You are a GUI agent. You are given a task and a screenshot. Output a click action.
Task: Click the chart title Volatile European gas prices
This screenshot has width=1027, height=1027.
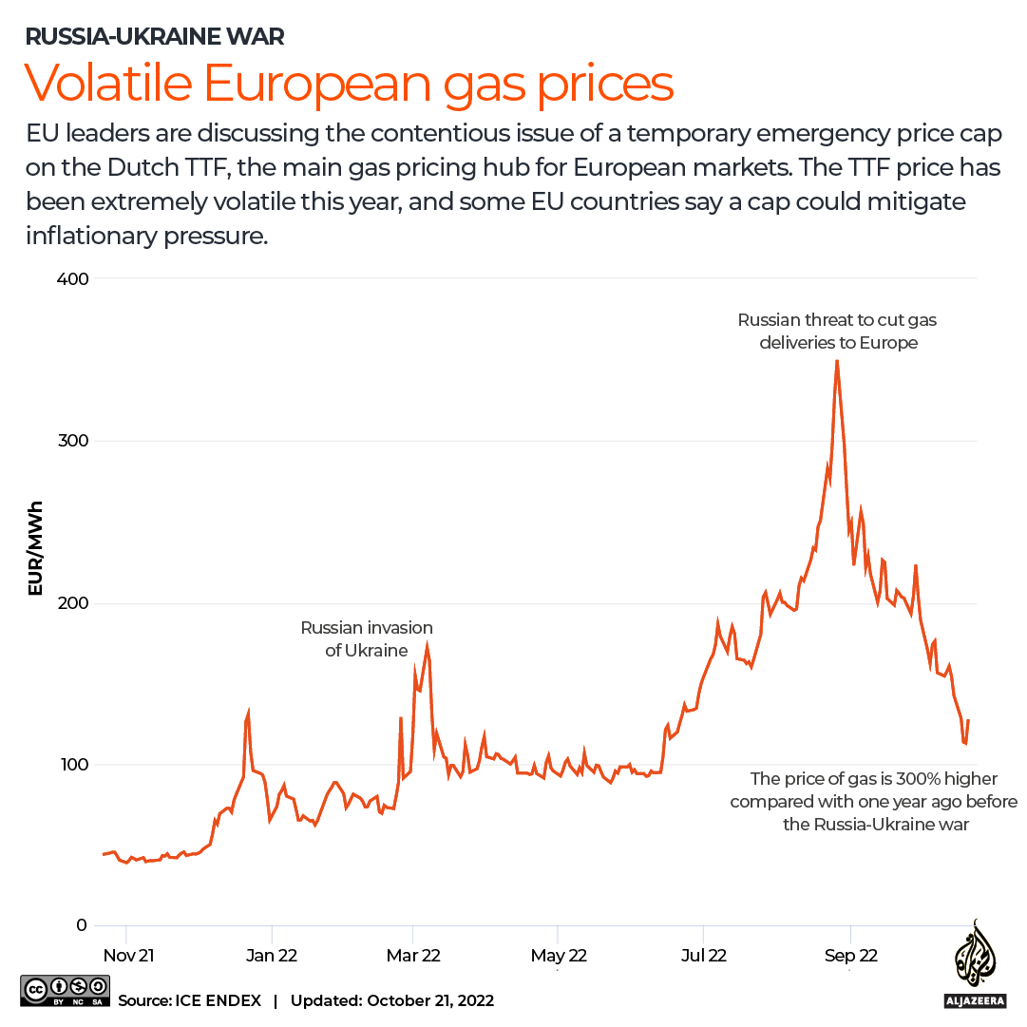349,84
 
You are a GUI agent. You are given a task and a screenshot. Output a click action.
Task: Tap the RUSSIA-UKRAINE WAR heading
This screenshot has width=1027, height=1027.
155,37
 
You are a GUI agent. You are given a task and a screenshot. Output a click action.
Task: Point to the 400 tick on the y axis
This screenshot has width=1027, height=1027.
77,278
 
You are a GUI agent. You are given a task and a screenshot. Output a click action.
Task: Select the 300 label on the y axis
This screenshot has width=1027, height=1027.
77,441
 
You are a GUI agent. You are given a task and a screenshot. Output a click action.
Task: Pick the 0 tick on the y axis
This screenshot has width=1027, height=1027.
84,926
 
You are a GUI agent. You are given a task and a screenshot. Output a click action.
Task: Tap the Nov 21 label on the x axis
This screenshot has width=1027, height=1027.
126,955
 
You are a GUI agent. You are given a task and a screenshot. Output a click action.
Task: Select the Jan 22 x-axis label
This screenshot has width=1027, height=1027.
272,955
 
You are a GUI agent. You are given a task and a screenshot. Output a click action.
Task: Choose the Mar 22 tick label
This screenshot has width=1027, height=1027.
413,955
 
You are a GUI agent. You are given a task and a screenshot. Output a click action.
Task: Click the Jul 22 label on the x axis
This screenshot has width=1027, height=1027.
703,955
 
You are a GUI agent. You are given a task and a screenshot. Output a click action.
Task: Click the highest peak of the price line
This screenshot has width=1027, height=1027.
837,361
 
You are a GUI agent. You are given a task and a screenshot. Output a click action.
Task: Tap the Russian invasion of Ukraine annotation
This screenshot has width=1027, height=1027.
367,638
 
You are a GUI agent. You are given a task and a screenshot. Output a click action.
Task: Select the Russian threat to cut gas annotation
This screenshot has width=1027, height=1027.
838,331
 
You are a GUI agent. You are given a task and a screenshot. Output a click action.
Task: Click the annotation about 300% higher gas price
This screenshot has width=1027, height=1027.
874,801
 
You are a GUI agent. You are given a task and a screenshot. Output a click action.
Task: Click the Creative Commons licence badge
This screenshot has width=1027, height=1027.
62,991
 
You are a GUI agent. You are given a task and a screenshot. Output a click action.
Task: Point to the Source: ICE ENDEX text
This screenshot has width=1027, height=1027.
190,1000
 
